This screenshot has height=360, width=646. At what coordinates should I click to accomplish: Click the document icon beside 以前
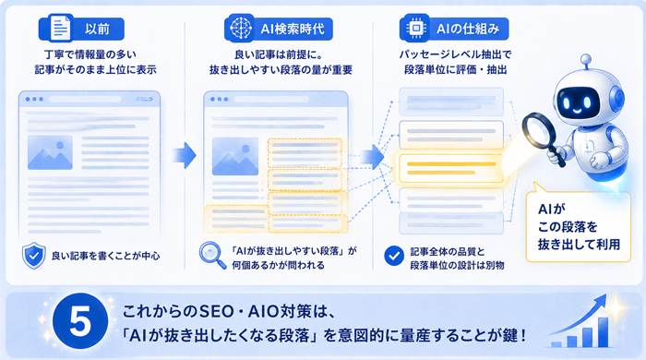pos(60,29)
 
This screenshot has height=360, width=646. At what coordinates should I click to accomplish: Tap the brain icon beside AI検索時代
pos(241,28)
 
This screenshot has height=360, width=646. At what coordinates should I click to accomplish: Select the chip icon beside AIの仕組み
pos(416,28)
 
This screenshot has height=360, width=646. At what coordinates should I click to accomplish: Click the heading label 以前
pos(97,29)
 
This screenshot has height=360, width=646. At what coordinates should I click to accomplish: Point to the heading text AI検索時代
pos(293,29)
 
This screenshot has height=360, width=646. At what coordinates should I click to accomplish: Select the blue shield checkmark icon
pos(34,256)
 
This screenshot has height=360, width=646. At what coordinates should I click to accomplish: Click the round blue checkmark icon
pos(394,256)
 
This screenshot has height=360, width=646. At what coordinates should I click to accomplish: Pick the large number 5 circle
pos(81,321)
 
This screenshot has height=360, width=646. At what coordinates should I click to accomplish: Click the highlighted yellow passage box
pos(451,168)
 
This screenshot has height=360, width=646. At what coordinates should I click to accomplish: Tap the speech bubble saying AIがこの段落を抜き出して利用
pos(579,226)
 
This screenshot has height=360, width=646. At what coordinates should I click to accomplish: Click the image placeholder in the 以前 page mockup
pos(50,152)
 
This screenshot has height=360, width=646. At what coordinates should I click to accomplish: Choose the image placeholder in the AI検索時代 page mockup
pos(235,157)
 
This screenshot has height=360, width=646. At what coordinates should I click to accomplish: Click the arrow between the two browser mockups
pos(184,155)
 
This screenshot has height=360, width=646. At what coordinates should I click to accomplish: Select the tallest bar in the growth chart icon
pos(603,332)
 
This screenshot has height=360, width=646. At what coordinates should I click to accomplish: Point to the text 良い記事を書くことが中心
pos(105,256)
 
